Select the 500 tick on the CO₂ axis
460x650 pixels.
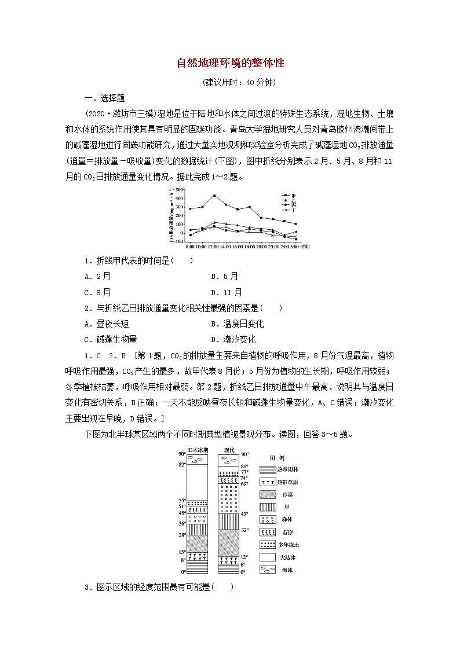click(x=179, y=189)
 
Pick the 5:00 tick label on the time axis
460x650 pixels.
click(x=294, y=246)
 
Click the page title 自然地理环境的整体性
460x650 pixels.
click(x=230, y=63)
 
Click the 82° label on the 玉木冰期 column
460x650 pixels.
click(x=182, y=464)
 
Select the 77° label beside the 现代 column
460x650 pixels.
click(x=244, y=472)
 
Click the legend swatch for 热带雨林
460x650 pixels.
click(x=268, y=469)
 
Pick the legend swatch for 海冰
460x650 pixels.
click(x=268, y=570)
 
